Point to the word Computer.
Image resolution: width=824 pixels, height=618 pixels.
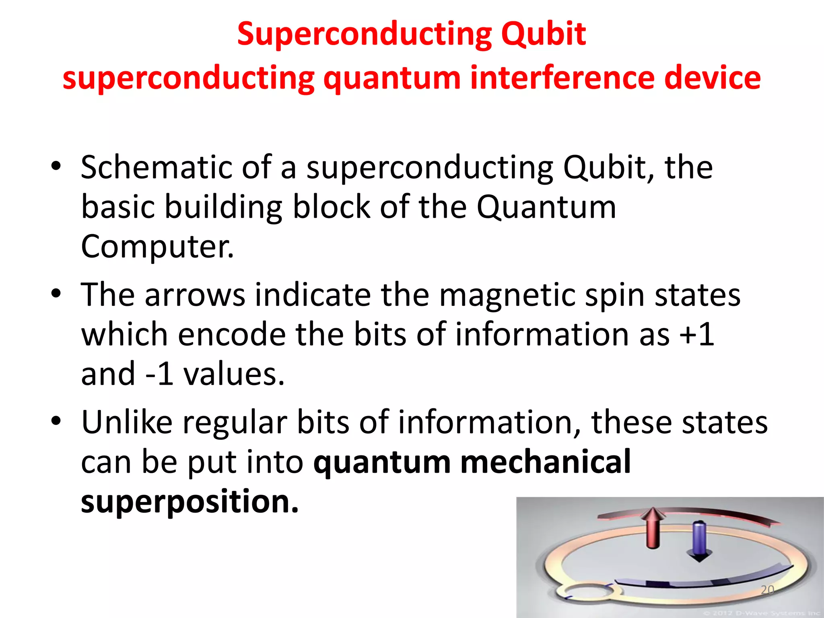(157, 246)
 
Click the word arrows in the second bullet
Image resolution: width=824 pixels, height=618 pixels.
(195, 295)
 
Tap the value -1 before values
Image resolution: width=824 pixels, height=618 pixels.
(159, 374)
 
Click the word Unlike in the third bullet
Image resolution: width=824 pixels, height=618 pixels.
(127, 422)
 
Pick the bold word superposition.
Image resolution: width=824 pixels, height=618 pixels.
(190, 501)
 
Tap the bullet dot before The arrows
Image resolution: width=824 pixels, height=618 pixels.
(56, 294)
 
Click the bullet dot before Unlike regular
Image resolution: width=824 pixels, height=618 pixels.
(56, 421)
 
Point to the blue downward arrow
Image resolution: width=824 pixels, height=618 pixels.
(699, 542)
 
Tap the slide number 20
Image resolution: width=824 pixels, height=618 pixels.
(767, 590)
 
